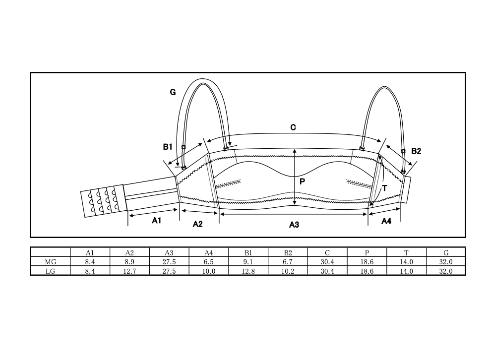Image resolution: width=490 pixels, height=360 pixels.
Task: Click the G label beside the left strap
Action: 173,92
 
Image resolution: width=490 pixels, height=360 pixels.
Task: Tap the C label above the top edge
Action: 293,127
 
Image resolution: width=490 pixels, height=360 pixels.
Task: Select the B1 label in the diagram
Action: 168,147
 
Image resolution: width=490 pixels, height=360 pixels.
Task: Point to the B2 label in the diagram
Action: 416,151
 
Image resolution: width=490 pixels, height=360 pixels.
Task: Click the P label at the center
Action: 302,181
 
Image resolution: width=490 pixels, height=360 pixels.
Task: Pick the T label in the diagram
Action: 385,188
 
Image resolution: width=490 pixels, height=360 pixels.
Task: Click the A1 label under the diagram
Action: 157,221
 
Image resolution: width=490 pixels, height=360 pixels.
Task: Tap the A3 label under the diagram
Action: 294,225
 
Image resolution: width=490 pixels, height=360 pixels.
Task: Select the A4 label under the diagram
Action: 386,221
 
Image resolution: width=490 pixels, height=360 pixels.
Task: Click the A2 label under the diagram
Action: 197,224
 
